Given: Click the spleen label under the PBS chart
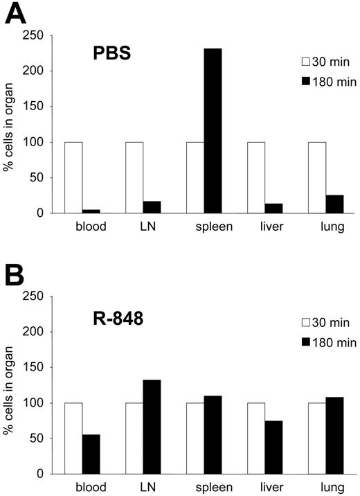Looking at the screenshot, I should pyautogui.click(x=196, y=227).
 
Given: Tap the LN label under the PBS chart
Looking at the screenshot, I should pyautogui.click(x=135, y=227).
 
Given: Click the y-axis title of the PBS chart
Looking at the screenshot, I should pyautogui.click(x=10, y=125).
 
